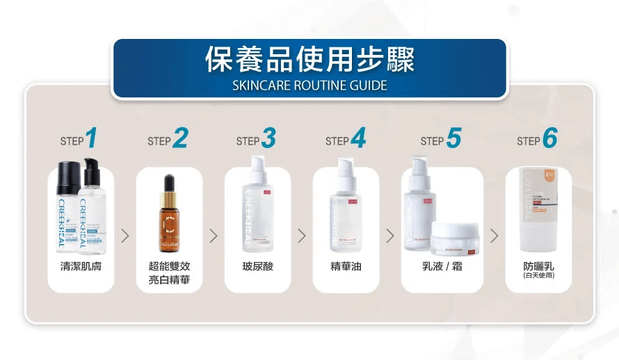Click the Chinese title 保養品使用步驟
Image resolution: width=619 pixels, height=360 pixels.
309,60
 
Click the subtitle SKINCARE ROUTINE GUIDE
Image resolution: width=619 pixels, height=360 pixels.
309,86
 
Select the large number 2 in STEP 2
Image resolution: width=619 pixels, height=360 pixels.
180,139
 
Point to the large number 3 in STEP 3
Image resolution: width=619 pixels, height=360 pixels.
268,139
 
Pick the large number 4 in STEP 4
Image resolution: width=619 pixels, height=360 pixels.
357,139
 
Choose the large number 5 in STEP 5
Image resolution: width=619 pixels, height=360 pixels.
453,139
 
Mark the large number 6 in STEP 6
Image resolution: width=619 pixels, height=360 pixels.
549,139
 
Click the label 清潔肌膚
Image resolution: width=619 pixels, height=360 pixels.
81,266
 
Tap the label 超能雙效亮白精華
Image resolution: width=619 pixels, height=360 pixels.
169,273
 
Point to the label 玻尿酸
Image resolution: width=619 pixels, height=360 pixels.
257,266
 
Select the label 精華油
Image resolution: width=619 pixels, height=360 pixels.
346,266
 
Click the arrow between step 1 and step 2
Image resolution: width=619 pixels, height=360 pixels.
125,236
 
